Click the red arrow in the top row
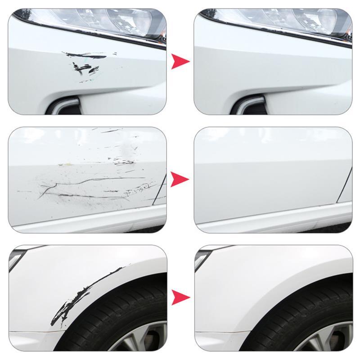pos(180,62)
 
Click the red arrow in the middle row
pos(180,179)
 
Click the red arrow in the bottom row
pos(180,297)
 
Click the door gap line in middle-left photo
pos(159,189)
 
